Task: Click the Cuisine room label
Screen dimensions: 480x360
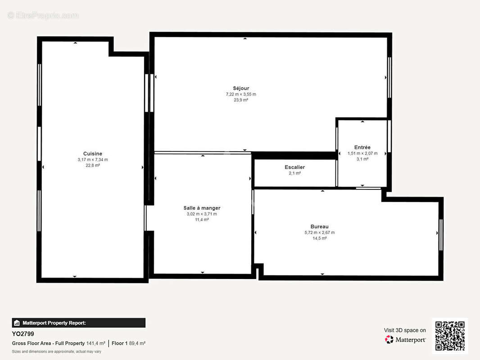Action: (93, 153)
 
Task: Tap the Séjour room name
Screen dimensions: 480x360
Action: (241, 88)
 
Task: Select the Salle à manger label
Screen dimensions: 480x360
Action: (202, 208)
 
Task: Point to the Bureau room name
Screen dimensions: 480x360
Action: (320, 227)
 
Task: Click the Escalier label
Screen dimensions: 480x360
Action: (295, 167)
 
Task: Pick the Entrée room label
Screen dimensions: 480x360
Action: (362, 148)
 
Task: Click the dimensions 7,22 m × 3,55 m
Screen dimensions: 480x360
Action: (241, 94)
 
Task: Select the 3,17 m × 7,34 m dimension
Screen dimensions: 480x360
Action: (93, 160)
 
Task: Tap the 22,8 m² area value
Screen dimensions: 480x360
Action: (93, 166)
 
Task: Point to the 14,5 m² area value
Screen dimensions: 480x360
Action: (320, 238)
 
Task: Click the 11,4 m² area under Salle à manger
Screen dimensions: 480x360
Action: (202, 220)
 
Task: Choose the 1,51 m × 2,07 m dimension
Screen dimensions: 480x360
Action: (362, 153)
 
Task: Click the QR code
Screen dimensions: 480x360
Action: (450, 336)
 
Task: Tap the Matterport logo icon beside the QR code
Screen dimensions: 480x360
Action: (389, 339)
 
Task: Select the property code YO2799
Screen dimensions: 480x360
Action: (23, 334)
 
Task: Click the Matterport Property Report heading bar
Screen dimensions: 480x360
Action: (79, 323)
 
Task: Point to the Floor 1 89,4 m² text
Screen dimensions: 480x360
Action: (129, 343)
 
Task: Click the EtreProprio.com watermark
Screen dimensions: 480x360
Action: (43, 15)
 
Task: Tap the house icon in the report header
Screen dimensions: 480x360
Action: (17, 323)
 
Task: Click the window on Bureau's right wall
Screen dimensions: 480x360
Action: (441, 235)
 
